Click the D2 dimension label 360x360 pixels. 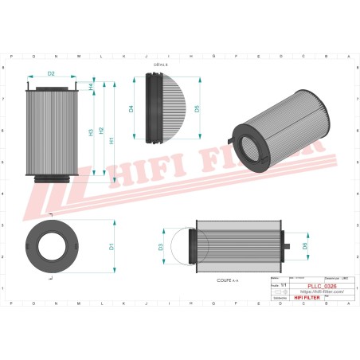click(x=51, y=74)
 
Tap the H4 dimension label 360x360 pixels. click(x=91, y=86)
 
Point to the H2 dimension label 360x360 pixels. click(x=102, y=131)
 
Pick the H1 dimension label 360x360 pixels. click(x=112, y=140)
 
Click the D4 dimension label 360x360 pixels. click(x=131, y=109)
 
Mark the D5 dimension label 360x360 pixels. click(x=197, y=108)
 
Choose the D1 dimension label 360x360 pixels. click(x=112, y=247)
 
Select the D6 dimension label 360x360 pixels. click(x=306, y=246)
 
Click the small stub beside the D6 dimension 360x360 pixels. click(x=291, y=246)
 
